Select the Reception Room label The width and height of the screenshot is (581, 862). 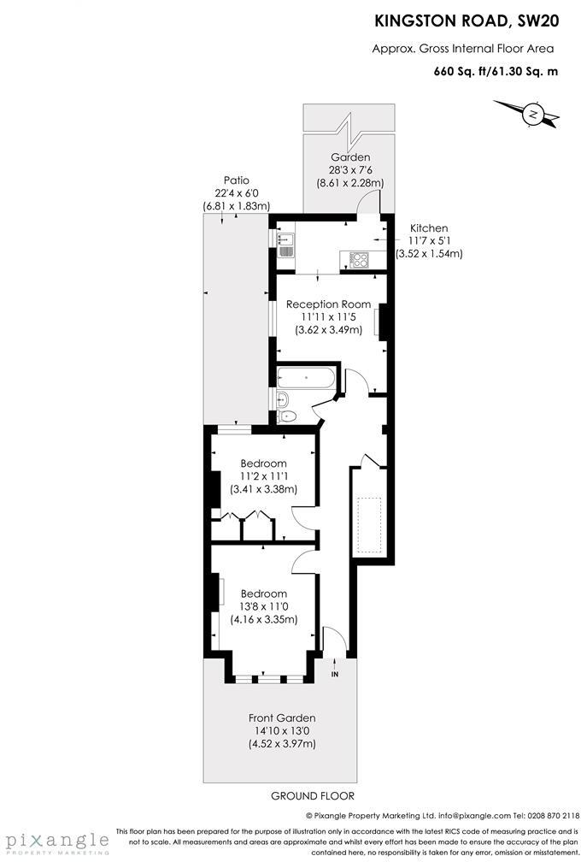[328, 304]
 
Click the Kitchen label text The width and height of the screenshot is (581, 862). [428, 228]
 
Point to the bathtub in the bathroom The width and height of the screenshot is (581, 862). [307, 378]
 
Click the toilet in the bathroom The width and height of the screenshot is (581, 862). [288, 416]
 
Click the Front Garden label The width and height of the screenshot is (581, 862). [282, 717]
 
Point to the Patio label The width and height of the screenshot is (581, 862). [237, 180]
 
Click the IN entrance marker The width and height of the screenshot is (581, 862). [335, 675]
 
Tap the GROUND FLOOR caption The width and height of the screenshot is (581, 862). [306, 795]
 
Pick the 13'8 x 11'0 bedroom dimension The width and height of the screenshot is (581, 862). [263, 606]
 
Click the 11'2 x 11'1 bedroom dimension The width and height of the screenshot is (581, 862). [263, 476]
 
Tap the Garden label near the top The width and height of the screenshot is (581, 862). [350, 157]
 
